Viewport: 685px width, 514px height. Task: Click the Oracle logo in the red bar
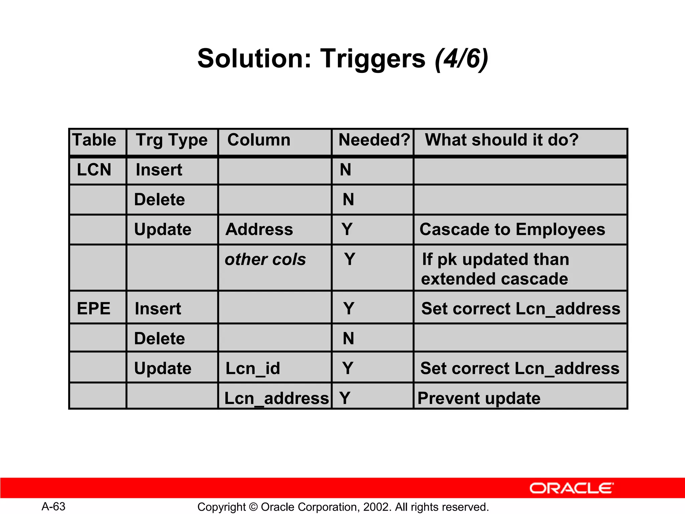[x=571, y=488]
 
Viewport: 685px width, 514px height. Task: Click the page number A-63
[x=54, y=506]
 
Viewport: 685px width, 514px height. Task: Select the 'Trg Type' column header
[x=172, y=140]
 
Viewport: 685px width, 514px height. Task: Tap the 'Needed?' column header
[x=374, y=140]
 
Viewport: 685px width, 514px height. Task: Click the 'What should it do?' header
[x=502, y=140]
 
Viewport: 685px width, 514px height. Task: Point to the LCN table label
[x=94, y=170]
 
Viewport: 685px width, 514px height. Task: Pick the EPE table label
[x=94, y=308]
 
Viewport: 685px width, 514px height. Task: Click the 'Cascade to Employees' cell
[x=512, y=230]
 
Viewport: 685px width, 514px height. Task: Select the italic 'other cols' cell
[x=265, y=259]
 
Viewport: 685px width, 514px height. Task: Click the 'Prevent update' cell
[x=479, y=398]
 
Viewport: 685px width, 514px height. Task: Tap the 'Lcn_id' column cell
[x=253, y=368]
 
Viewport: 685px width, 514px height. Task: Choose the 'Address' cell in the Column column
[x=259, y=230]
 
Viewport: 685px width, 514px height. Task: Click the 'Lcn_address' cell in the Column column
[x=276, y=398]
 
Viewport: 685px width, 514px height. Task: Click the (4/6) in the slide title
[x=462, y=59]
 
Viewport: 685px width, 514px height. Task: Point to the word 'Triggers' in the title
[x=373, y=59]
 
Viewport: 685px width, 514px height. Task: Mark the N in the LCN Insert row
[x=346, y=170]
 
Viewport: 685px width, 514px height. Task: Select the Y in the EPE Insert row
[x=349, y=308]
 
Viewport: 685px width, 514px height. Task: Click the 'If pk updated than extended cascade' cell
[x=495, y=269]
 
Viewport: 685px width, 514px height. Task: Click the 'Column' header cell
[x=259, y=140]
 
